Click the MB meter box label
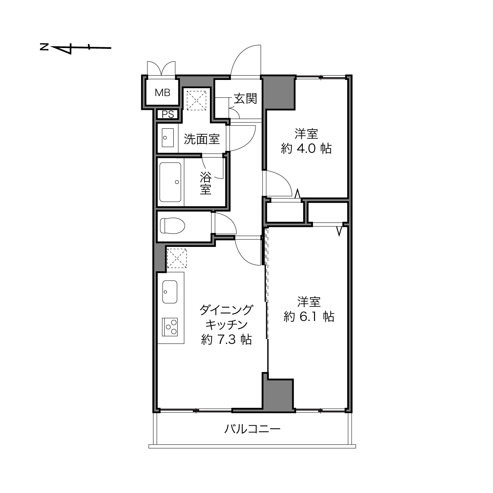click(163, 93)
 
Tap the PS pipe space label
click(168, 114)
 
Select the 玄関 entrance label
click(245, 98)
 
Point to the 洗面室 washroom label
click(202, 139)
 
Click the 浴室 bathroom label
click(206, 183)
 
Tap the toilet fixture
click(172, 226)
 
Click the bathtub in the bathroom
click(170, 182)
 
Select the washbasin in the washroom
click(168, 138)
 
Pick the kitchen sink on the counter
click(170, 292)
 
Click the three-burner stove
click(170, 327)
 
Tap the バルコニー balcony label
click(252, 429)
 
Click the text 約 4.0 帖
click(306, 148)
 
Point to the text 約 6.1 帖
click(309, 317)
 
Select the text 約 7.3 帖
click(226, 339)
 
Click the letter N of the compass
click(44, 47)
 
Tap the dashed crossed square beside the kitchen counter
click(177, 258)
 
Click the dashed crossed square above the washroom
click(196, 100)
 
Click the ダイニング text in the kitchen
click(226, 310)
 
